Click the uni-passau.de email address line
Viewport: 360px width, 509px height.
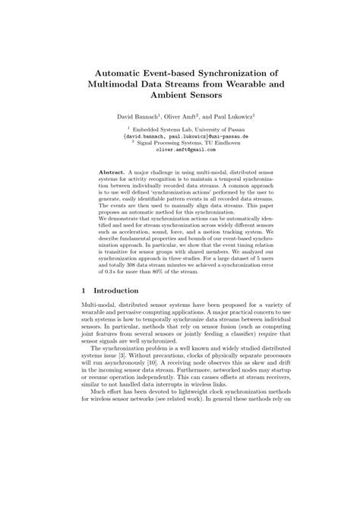[180, 137]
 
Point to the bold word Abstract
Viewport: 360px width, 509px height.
[113, 172]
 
